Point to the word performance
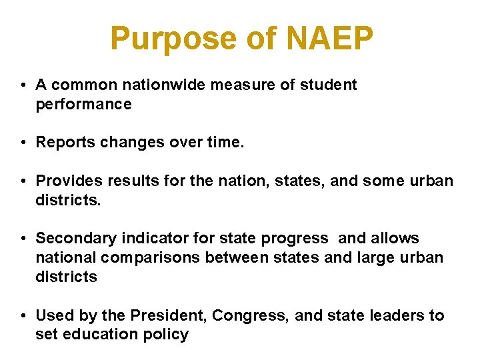(83, 105)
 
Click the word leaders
(395, 315)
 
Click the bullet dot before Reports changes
(23, 143)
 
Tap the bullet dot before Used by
(23, 315)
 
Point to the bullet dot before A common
(23, 85)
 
